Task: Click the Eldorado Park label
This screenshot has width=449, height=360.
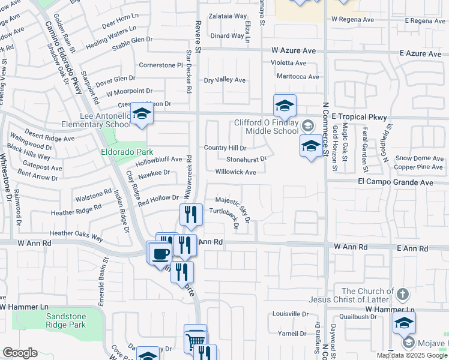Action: coord(127,152)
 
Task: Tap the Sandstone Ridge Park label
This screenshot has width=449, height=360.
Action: coord(66,321)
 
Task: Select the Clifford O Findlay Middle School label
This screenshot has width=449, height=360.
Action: coord(266,127)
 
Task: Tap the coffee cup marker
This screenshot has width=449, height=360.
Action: coord(160,253)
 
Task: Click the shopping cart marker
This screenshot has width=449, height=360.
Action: coord(195,340)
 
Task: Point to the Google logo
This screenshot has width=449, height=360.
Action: coord(20,353)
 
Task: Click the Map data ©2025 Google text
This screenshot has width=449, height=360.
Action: coord(412,355)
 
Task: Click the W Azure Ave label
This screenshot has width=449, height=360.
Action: coord(293,52)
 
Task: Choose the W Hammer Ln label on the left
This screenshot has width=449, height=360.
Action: coord(24,307)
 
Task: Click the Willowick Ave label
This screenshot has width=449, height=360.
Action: coord(236,172)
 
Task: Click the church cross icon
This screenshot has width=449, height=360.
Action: coord(402,295)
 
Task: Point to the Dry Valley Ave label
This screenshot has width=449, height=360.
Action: coord(225,80)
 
